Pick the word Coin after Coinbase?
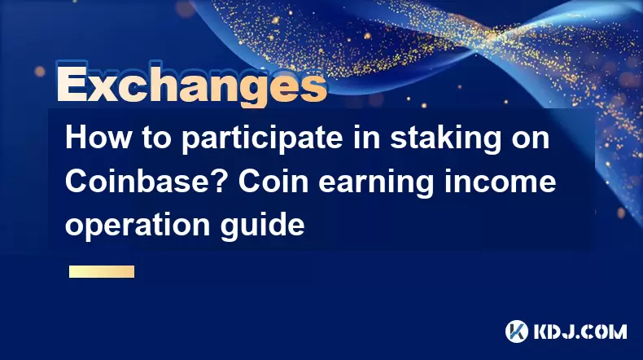273,182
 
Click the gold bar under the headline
102,271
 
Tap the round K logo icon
517,331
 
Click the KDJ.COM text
580,331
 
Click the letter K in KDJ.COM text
541,331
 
